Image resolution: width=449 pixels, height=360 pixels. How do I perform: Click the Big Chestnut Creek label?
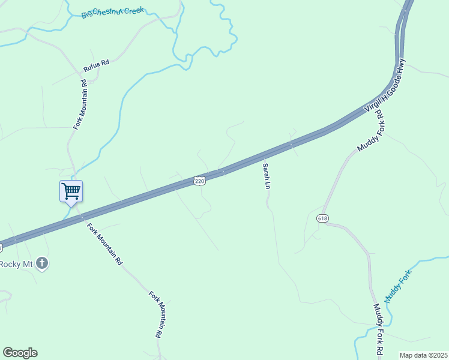pyautogui.click(x=113, y=11)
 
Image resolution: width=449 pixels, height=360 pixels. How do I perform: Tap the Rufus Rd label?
pyautogui.click(x=95, y=67)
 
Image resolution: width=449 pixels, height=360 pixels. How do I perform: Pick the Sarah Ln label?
pyautogui.click(x=265, y=176)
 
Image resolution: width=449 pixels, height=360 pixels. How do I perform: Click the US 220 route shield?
pyautogui.click(x=200, y=181)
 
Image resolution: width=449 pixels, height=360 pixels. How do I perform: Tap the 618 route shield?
pyautogui.click(x=323, y=218)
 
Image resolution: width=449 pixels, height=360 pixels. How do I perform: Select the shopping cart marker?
pyautogui.click(x=71, y=191)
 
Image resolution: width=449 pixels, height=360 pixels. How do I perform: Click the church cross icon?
pyautogui.click(x=42, y=263)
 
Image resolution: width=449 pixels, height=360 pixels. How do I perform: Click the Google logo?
pyautogui.click(x=20, y=353)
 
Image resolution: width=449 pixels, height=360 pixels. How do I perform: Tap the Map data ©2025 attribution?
pyautogui.click(x=423, y=355)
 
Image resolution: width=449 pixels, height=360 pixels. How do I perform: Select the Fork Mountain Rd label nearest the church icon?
pyautogui.click(x=104, y=244)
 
